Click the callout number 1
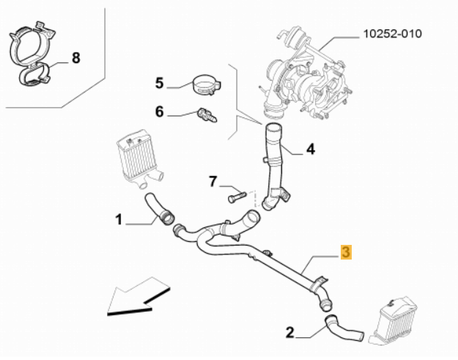118,218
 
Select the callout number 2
289,332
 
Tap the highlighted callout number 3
347,253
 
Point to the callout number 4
310,149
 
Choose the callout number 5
159,83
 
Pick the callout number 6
159,112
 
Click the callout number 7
213,180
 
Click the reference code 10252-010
393,34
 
